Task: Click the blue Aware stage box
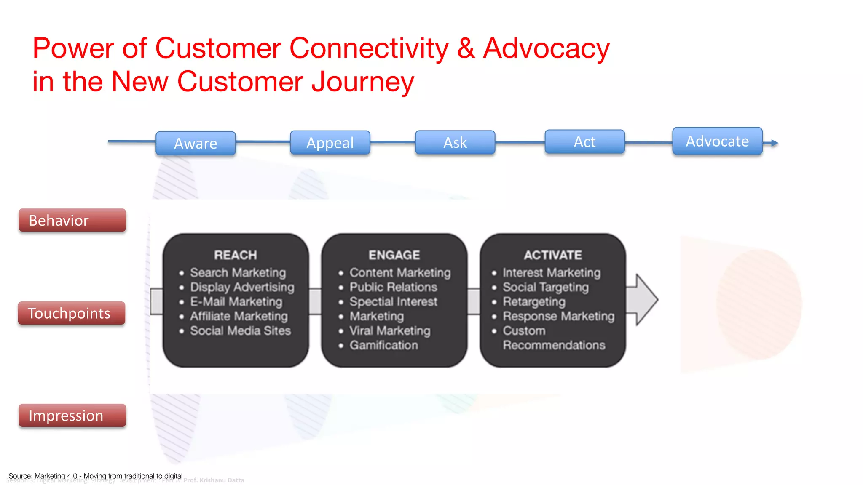coord(196,144)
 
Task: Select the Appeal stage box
coord(330,143)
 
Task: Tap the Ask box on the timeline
coord(455,142)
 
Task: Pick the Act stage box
coord(584,142)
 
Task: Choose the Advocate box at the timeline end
coord(717,141)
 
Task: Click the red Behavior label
coord(72,220)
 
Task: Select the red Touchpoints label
coord(71,313)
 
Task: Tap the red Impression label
coord(72,416)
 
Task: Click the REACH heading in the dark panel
coord(236,255)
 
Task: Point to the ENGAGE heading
coord(394,255)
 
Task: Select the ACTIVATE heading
coord(553,255)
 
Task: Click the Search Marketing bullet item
coord(238,273)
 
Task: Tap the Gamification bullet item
coord(384,345)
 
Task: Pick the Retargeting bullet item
coord(534,302)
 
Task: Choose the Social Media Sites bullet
coord(240,331)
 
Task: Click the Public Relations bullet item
coord(393,287)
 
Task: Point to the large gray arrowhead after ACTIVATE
coord(645,300)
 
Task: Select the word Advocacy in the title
coord(546,48)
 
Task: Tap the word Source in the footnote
coord(19,476)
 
